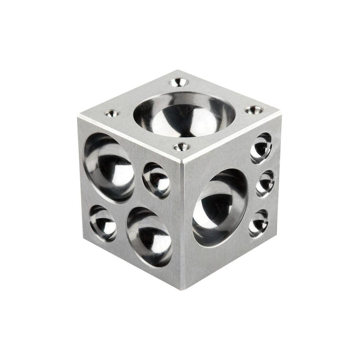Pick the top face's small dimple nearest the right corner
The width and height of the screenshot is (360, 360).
pos(255,109)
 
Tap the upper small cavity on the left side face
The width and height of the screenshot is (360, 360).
pos(156,180)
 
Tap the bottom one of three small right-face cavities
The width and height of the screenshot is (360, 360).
pos(258,222)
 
